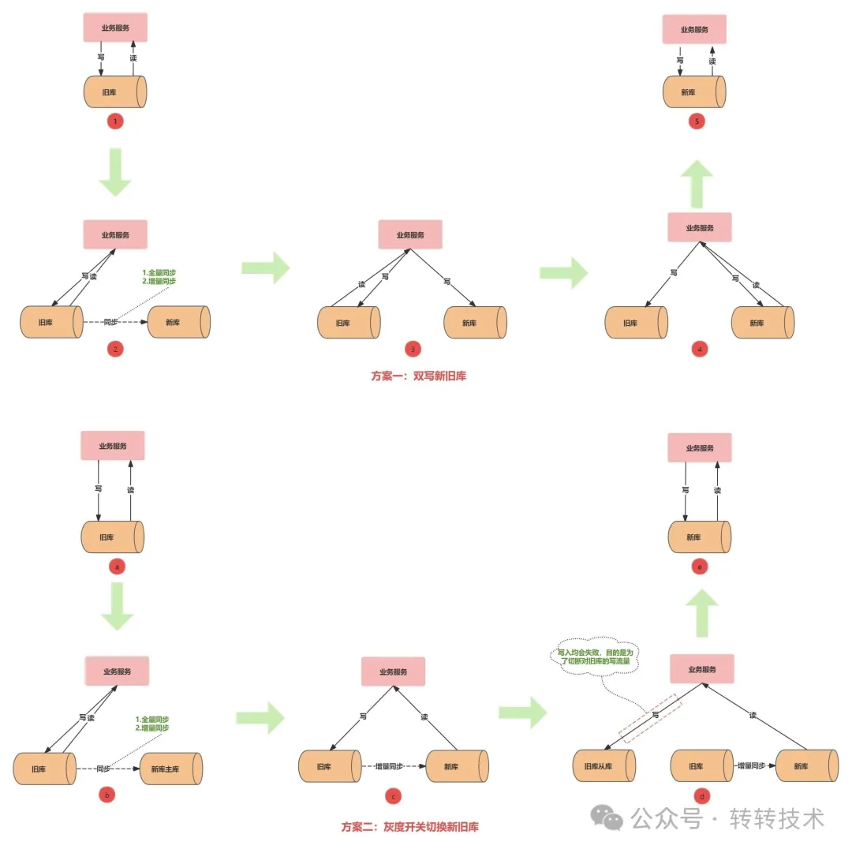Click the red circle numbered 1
coord(116,122)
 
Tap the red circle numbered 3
coord(411,349)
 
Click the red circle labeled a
coord(116,566)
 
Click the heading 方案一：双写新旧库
coord(418,376)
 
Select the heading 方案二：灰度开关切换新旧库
coord(409,827)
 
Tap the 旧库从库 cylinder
coord(603,766)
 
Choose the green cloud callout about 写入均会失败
coord(593,657)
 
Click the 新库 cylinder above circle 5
coord(693,92)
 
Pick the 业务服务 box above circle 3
coord(410,234)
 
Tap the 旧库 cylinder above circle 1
coord(115,92)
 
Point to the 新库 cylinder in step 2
coord(178,322)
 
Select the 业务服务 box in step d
coord(702,669)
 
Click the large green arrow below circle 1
coord(116,175)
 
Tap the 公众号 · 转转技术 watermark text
coord(728,818)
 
